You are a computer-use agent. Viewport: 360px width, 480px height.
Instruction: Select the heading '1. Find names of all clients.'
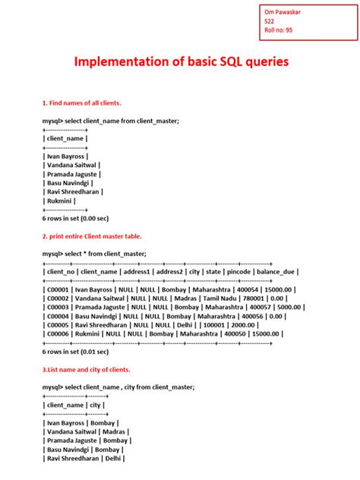click(x=82, y=103)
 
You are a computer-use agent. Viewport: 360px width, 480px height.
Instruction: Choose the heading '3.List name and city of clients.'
click(x=86, y=369)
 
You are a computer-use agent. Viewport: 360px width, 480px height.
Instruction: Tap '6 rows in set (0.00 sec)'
click(x=75, y=217)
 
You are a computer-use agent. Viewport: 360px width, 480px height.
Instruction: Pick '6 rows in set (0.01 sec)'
click(x=75, y=352)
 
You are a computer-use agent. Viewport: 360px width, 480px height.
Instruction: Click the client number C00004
click(x=60, y=316)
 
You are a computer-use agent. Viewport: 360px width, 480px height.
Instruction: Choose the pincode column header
click(x=232, y=271)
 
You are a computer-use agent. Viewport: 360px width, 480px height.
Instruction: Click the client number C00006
click(x=60, y=333)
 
